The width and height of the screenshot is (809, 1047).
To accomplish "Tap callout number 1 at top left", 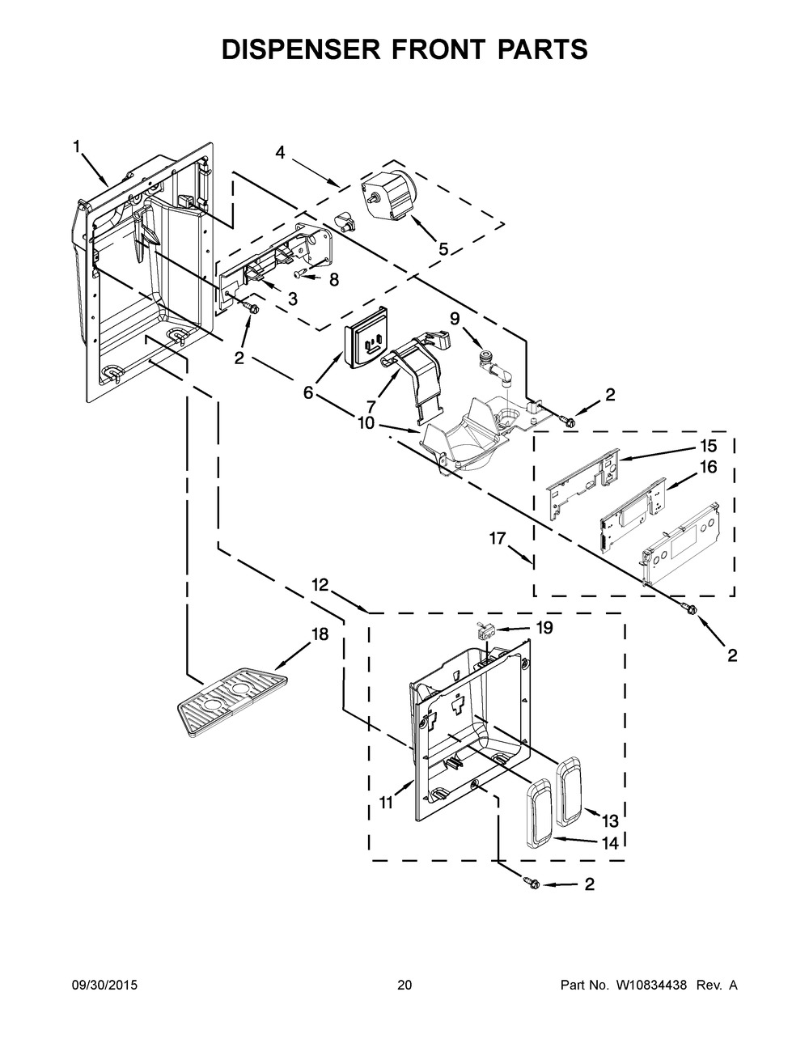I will [x=77, y=146].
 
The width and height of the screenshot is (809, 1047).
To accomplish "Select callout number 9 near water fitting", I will [x=454, y=318].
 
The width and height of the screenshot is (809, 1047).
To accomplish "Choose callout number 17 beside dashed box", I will [x=498, y=536].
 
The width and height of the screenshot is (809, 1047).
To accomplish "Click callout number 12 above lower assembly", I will [x=320, y=584].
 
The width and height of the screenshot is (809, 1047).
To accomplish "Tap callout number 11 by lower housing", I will [x=385, y=803].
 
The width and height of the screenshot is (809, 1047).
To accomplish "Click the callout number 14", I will [x=609, y=842].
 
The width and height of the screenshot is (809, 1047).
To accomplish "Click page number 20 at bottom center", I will [x=404, y=986].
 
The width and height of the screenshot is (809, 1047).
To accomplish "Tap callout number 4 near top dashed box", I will [x=280, y=151].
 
